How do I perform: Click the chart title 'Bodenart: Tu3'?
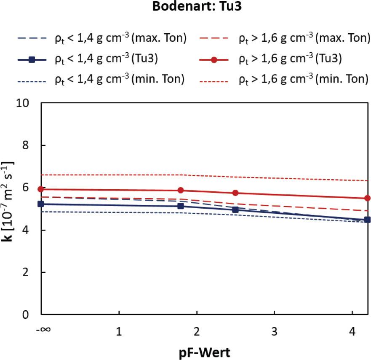185,8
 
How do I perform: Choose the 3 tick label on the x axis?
274,331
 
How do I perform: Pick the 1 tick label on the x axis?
119,331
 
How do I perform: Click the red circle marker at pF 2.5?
235,193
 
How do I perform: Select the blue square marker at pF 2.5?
235,210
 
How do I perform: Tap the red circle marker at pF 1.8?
181,191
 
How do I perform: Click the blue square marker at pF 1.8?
181,206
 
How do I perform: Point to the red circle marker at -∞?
41,189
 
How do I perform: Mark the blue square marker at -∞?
41,204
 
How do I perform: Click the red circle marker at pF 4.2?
367,198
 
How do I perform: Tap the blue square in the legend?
32,59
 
